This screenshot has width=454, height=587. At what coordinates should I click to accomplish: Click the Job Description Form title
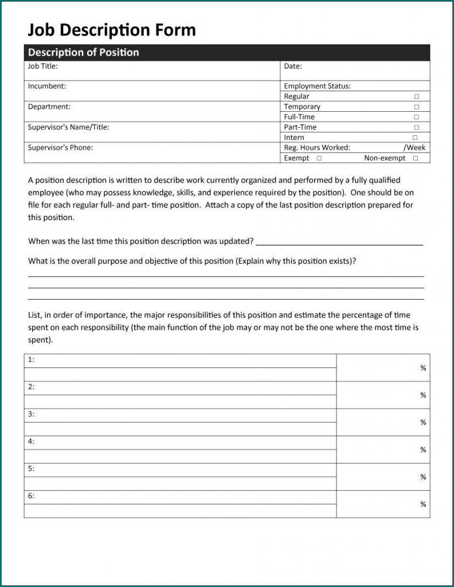[x=112, y=30]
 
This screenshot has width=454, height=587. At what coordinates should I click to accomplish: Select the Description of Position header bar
[x=226, y=52]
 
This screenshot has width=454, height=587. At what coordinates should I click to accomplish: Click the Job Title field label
[x=42, y=66]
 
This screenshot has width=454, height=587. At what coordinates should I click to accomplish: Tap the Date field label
[x=292, y=66]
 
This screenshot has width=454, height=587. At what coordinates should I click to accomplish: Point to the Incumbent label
[x=47, y=86]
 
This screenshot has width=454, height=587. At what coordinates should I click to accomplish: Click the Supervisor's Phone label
[x=60, y=147]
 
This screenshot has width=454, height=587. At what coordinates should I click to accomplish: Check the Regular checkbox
[x=417, y=97]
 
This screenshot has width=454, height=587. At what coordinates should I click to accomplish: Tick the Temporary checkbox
[x=417, y=107]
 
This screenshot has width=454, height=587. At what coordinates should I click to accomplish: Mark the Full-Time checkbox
[x=417, y=117]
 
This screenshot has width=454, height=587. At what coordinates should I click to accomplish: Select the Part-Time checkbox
[x=417, y=127]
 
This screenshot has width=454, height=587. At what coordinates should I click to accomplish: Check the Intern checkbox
[x=415, y=138]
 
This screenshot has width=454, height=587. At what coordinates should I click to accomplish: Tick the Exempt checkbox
[x=319, y=158]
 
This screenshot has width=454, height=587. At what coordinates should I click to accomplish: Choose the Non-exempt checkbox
[x=416, y=158]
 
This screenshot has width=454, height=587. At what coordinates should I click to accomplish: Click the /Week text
[x=415, y=147]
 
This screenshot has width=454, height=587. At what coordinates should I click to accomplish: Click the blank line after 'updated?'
[x=339, y=242]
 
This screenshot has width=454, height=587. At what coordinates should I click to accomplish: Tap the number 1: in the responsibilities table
[x=31, y=359]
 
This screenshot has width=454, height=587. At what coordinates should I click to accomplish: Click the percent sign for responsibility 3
[x=423, y=422]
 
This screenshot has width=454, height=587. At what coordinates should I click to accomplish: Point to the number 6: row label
[x=31, y=496]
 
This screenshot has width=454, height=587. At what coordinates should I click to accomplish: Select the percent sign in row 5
[x=423, y=477]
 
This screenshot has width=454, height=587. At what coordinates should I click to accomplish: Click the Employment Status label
[x=317, y=86]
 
